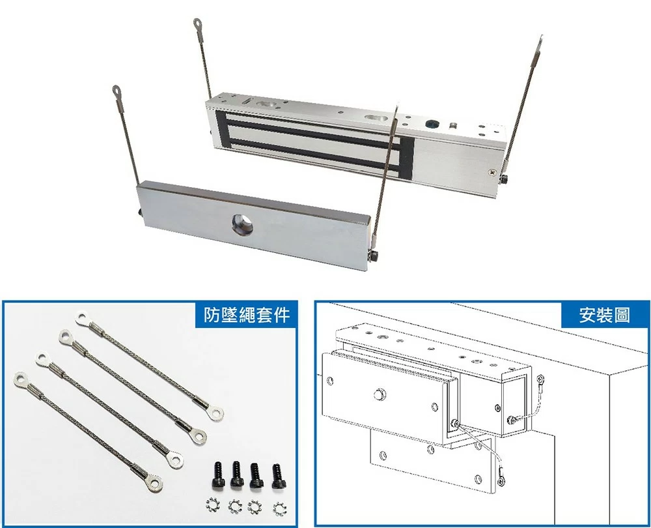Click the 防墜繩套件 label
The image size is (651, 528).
[247, 315]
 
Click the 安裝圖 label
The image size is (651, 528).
[604, 315]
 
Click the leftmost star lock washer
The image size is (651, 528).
[214, 505]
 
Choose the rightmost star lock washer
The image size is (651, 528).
[280, 508]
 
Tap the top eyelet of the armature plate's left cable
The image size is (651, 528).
[117, 90]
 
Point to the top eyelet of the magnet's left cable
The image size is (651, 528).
[198, 23]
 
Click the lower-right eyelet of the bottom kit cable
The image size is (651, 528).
[154, 484]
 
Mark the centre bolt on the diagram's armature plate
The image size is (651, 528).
[378, 394]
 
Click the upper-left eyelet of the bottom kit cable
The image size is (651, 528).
[21, 379]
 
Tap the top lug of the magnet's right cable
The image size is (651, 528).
[539, 44]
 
